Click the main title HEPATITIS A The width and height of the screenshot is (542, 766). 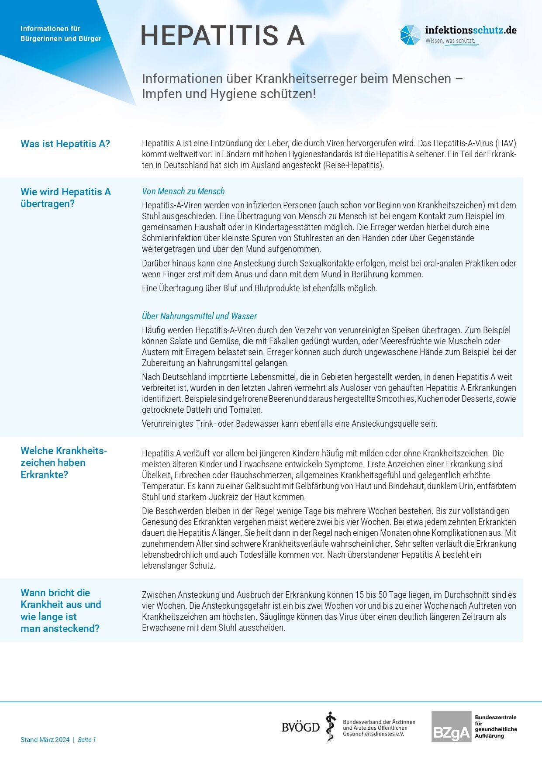pyautogui.click(x=222, y=36)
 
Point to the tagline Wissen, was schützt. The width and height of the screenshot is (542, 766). pyautogui.click(x=450, y=41)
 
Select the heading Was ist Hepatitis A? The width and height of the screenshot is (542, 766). pyautogui.click(x=65, y=144)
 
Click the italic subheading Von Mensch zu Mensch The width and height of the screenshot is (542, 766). pyautogui.click(x=183, y=191)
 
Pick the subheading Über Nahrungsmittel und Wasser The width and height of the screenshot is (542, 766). pyautogui.click(x=199, y=316)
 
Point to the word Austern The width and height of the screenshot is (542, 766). pyautogui.click(x=155, y=352)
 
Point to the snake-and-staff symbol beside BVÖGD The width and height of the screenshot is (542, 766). pyautogui.click(x=331, y=727)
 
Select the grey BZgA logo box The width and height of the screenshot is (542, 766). pyautogui.click(x=451, y=727)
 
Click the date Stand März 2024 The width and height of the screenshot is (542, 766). pyautogui.click(x=45, y=740)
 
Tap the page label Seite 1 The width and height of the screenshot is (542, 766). pyautogui.click(x=87, y=740)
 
